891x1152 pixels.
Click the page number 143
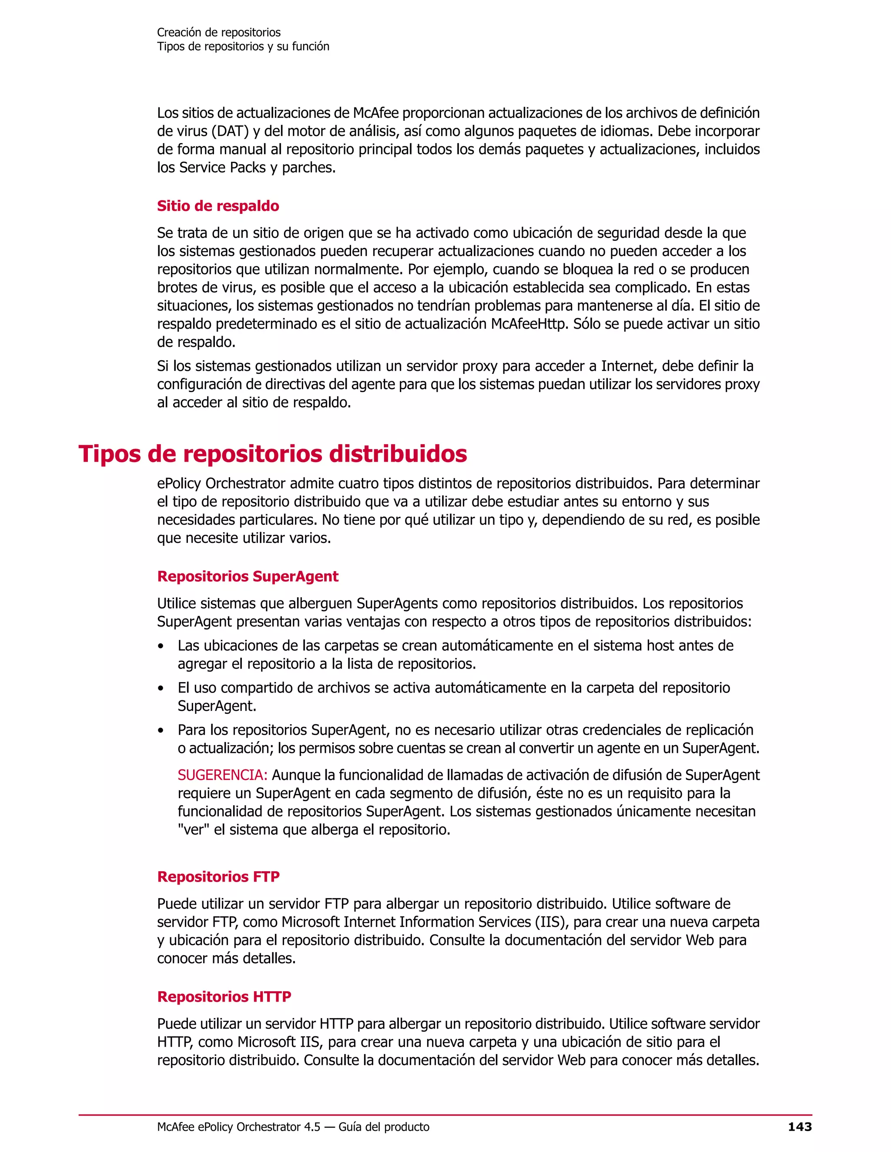pyautogui.click(x=799, y=1127)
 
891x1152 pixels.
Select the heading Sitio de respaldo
pyautogui.click(x=218, y=206)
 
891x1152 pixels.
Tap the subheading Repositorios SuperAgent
pyautogui.click(x=248, y=576)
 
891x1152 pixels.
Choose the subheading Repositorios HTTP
pyautogui.click(x=224, y=996)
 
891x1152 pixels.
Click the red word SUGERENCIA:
pyautogui.click(x=222, y=775)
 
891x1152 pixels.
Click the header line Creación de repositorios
pyautogui.click(x=218, y=32)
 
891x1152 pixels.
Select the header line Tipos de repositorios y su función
pyautogui.click(x=243, y=47)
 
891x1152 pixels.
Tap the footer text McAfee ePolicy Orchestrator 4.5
pyautogui.click(x=238, y=1127)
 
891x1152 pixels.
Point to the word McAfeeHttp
pyautogui.click(x=528, y=324)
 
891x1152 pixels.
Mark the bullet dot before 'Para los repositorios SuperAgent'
pyautogui.click(x=161, y=731)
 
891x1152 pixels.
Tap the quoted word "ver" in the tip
pyautogui.click(x=193, y=830)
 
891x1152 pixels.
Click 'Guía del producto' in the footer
pyautogui.click(x=384, y=1127)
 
